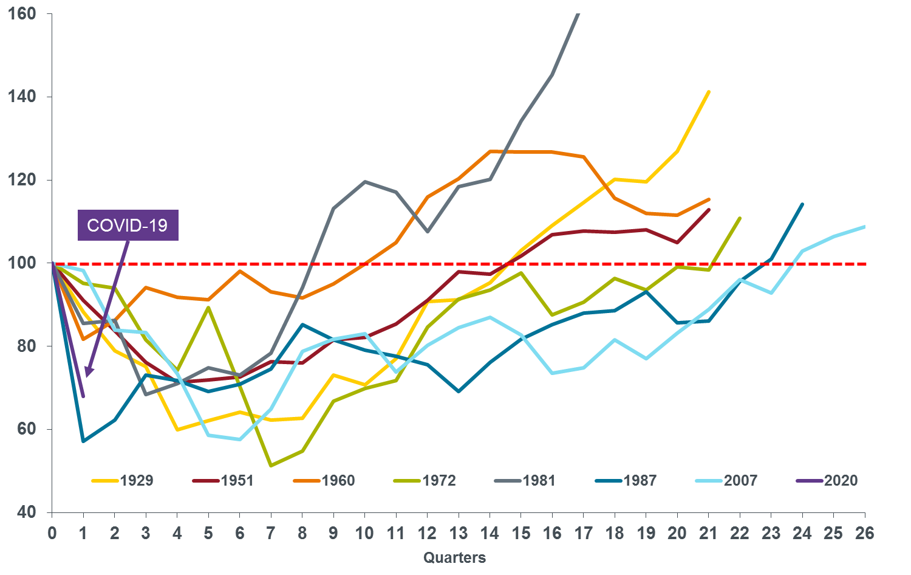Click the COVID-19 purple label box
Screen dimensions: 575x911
coord(128,226)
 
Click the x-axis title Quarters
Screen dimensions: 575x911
coord(454,557)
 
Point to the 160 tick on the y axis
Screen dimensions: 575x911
coord(22,13)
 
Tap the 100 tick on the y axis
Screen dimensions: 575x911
coord(22,263)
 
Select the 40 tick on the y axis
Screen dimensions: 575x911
coord(26,512)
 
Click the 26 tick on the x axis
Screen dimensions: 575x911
coord(865,533)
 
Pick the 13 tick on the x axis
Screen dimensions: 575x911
coord(458,533)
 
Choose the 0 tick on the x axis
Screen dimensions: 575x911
coord(52,533)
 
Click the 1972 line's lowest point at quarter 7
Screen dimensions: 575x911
coord(270,466)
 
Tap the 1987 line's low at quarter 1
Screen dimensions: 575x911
coord(83,441)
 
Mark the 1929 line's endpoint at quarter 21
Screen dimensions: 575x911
coord(709,92)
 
